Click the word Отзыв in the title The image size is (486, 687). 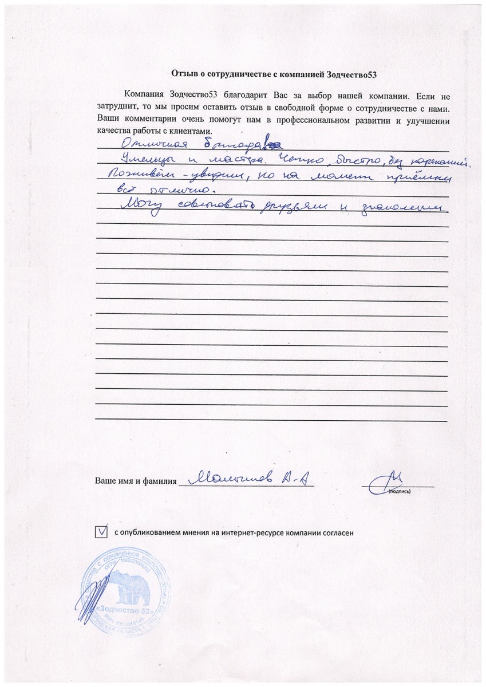pyautogui.click(x=184, y=74)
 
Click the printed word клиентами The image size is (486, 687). pyautogui.click(x=195, y=131)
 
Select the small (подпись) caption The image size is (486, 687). pyautogui.click(x=398, y=491)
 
